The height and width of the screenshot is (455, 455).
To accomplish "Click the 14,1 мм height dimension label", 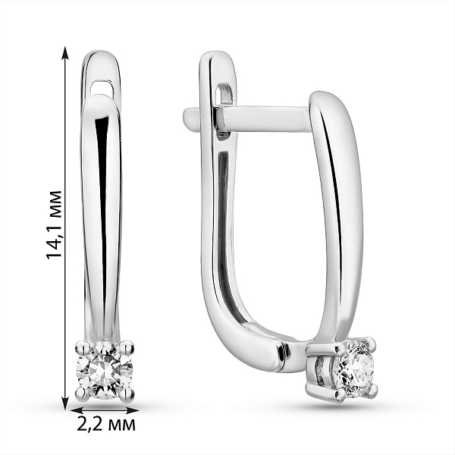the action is [x=55, y=224].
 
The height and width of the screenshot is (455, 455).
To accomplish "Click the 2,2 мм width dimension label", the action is [x=106, y=425].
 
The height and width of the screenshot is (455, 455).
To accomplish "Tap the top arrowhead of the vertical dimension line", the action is [x=66, y=53].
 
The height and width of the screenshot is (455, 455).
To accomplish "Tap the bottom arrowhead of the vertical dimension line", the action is [x=66, y=403].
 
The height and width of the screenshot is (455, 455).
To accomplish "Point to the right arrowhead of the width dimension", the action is [x=132, y=410].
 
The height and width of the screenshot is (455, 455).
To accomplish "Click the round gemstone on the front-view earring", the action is [x=105, y=370].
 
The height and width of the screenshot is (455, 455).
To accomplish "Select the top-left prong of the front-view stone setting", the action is [x=81, y=347].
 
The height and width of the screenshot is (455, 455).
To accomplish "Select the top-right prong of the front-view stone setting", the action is [x=127, y=347].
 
